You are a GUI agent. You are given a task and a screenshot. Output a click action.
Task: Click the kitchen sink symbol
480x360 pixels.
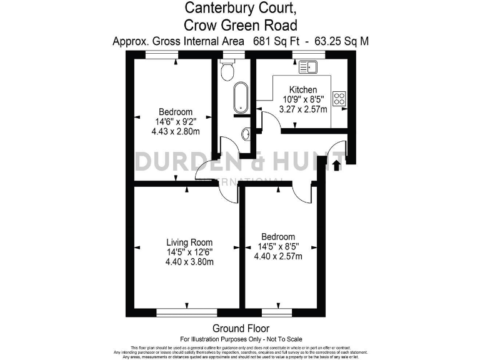tap(309, 66)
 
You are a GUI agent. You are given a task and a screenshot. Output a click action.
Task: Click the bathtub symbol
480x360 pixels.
tap(240, 99)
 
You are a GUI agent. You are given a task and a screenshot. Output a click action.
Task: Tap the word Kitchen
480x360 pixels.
tap(303, 90)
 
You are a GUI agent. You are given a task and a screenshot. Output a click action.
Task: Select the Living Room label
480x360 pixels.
tap(189, 242)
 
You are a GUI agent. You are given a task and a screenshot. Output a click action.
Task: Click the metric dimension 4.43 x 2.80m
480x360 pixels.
tap(176, 131)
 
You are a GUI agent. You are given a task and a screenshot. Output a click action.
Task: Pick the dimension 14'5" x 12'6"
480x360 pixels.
tap(189, 252)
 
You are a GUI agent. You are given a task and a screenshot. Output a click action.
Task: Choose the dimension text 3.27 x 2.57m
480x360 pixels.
tap(303, 109)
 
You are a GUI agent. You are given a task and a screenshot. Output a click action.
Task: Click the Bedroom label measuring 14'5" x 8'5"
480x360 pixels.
tap(278, 237)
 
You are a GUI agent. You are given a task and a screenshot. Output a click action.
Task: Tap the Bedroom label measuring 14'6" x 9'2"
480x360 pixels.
tap(176, 112)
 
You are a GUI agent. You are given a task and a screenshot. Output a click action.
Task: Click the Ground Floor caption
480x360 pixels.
tap(241, 328)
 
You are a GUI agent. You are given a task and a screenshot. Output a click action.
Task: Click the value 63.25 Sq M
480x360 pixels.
tap(342, 41)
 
